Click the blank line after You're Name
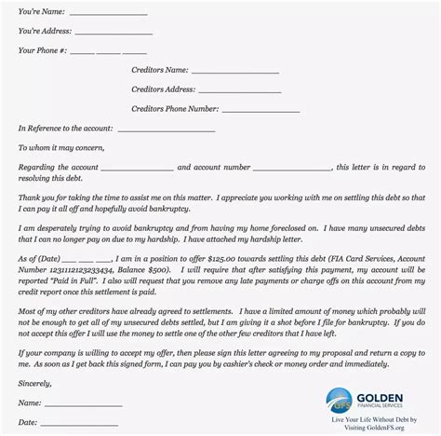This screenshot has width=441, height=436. click(x=108, y=14)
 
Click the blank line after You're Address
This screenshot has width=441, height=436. click(x=114, y=34)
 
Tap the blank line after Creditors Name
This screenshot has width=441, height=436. click(x=235, y=71)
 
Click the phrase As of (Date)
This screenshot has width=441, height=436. click(x=42, y=255)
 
